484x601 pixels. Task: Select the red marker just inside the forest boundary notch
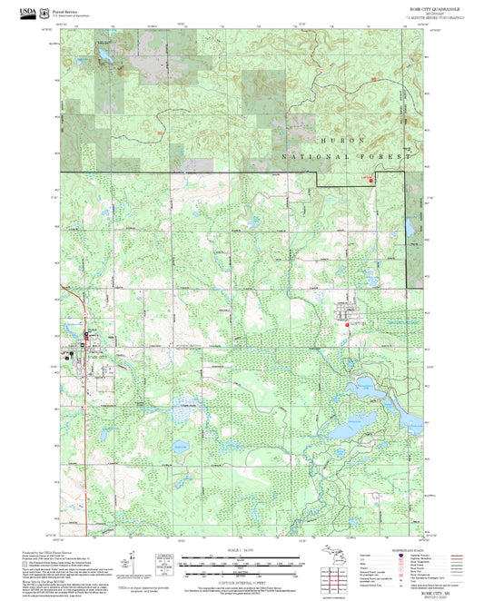(x=370, y=180)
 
